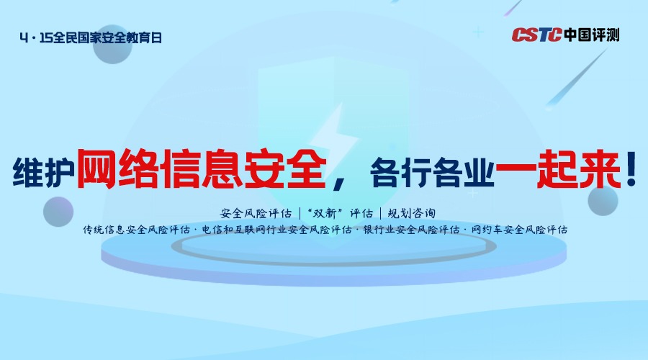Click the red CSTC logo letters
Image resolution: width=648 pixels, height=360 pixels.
537,35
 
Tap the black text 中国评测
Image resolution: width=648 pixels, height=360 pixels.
591,35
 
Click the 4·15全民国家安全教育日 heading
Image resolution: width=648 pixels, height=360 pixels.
91,38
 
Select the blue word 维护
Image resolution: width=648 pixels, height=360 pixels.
43,173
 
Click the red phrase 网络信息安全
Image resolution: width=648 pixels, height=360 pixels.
202,169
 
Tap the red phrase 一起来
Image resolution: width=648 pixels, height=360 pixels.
558,169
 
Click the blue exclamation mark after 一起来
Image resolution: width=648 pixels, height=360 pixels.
631,169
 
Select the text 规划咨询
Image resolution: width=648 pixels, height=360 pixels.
412,213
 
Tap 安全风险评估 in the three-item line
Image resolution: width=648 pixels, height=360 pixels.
256,213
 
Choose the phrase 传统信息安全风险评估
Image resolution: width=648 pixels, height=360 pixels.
136,230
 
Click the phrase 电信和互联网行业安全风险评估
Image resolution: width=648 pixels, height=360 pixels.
277,230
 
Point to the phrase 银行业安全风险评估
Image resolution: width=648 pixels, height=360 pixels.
411,230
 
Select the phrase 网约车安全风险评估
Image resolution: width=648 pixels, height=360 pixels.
519,230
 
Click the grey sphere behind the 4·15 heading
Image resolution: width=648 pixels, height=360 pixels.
112,44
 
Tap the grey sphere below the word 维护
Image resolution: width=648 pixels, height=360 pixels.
58,212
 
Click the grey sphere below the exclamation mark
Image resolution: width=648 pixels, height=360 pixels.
603,200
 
